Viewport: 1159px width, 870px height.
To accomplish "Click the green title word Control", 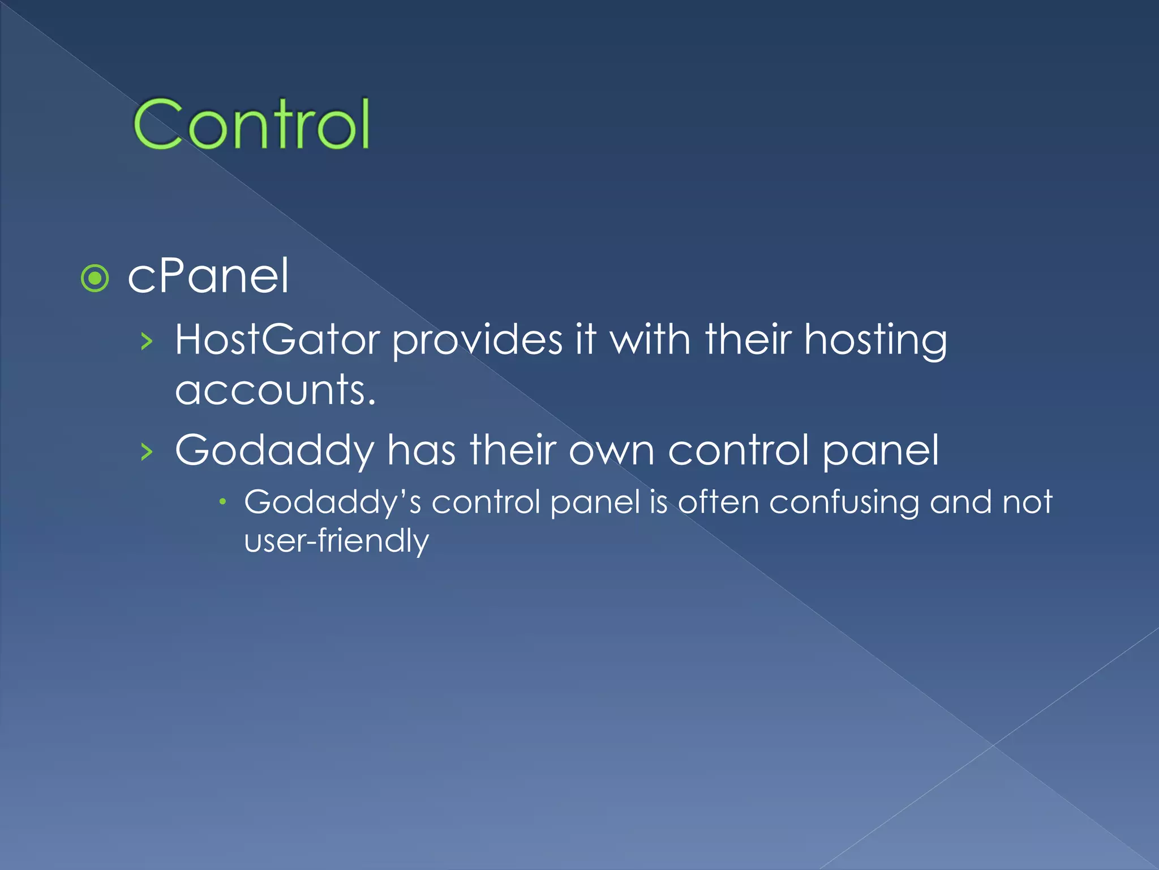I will pos(251,123).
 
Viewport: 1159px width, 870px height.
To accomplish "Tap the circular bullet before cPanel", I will pos(95,278).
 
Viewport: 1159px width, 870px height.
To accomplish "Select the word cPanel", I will pos(208,276).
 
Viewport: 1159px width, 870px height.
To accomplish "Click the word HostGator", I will pos(277,340).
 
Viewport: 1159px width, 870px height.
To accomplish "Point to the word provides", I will pos(477,341).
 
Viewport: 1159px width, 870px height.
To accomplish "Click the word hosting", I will pos(875,341).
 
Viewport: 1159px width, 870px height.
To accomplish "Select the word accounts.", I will pos(274,391).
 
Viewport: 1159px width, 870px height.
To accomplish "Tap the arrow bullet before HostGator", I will pos(147,342).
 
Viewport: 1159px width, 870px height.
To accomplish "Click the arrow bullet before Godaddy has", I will pos(147,451).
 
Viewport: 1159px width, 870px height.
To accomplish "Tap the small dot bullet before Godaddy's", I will pos(223,501).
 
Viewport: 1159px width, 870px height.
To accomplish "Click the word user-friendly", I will pos(336,541).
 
